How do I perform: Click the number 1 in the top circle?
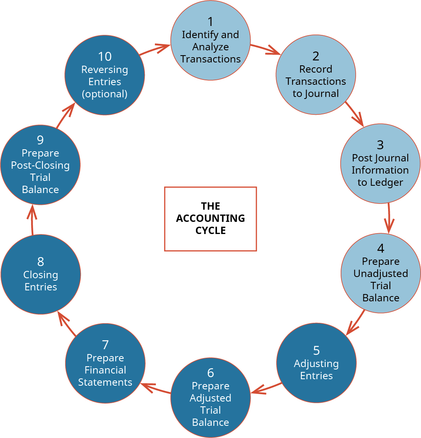pyautogui.click(x=210, y=21)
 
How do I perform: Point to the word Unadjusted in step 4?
pyautogui.click(x=380, y=273)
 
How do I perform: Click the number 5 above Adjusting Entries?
pyautogui.click(x=316, y=350)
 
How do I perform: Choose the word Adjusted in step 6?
pyautogui.click(x=210, y=398)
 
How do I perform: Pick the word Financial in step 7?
pyautogui.click(x=105, y=370)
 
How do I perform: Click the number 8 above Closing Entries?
pyautogui.click(x=40, y=262)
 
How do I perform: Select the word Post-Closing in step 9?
pyautogui.click(x=40, y=165)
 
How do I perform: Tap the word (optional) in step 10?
pyautogui.click(x=105, y=94)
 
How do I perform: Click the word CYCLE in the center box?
pyautogui.click(x=210, y=231)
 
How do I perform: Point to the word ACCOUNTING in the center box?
pyautogui.click(x=210, y=218)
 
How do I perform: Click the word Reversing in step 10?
pyautogui.click(x=105, y=69)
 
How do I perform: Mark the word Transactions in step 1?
pyautogui.click(x=210, y=59)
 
